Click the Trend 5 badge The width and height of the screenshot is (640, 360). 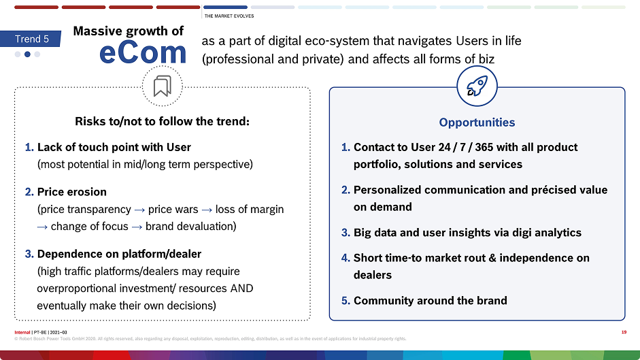pyautogui.click(x=31, y=39)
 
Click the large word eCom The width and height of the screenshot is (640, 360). pyautogui.click(x=143, y=52)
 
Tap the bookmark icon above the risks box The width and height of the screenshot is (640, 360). pyautogui.click(x=162, y=86)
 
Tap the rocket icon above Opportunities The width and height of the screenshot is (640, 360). pyautogui.click(x=477, y=86)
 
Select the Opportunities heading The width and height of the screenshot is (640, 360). pyautogui.click(x=477, y=122)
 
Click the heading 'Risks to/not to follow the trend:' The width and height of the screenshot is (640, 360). pyautogui.click(x=162, y=121)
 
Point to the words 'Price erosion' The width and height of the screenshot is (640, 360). pyautogui.click(x=72, y=192)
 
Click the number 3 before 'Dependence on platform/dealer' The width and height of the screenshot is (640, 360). pyautogui.click(x=29, y=254)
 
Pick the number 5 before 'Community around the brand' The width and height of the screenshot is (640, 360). pyautogui.click(x=346, y=301)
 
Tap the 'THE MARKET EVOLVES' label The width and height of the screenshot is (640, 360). pyautogui.click(x=229, y=16)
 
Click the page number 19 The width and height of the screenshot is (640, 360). pyautogui.click(x=624, y=332)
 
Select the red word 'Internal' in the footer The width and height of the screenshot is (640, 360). pyautogui.click(x=22, y=332)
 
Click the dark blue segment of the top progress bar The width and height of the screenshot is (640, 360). pyautogui.click(x=225, y=7)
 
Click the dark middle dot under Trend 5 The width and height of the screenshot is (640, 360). pyautogui.click(x=27, y=54)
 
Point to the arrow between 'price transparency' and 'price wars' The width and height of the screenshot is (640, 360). pyautogui.click(x=139, y=210)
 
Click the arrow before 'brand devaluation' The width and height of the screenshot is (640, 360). pyautogui.click(x=137, y=227)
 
